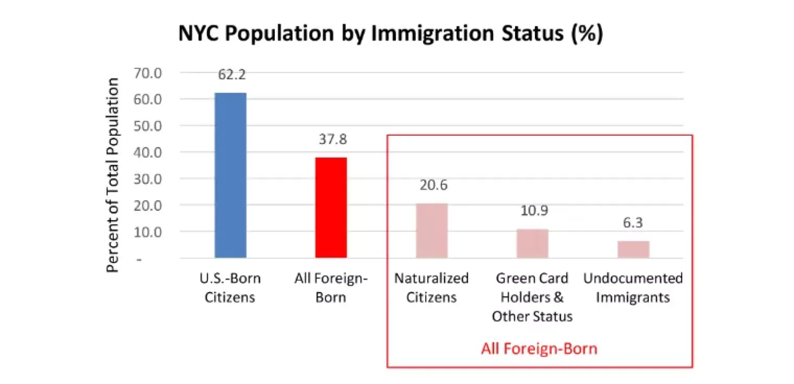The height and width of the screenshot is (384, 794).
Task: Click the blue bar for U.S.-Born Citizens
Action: (x=230, y=175)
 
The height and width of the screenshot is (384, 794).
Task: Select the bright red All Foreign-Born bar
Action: (x=331, y=208)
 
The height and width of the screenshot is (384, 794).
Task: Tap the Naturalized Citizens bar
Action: (x=431, y=231)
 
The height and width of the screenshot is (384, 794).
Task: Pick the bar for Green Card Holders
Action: (x=532, y=243)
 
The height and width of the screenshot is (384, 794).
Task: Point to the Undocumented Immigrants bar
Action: (x=633, y=249)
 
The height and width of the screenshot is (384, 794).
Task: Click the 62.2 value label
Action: (x=230, y=75)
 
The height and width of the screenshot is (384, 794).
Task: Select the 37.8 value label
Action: (x=331, y=140)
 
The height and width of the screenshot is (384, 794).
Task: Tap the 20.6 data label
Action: (x=431, y=186)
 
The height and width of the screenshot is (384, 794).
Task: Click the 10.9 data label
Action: (x=532, y=211)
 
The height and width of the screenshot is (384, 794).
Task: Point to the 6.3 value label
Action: (x=633, y=223)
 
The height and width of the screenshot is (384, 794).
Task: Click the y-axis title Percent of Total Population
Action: (x=113, y=175)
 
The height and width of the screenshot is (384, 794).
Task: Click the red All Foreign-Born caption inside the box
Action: (x=539, y=349)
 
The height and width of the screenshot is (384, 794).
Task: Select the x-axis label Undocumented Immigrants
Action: (x=633, y=288)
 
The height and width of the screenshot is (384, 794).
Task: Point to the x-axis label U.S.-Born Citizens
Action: (x=230, y=288)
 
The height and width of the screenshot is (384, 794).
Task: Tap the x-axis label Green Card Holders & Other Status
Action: (x=532, y=297)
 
